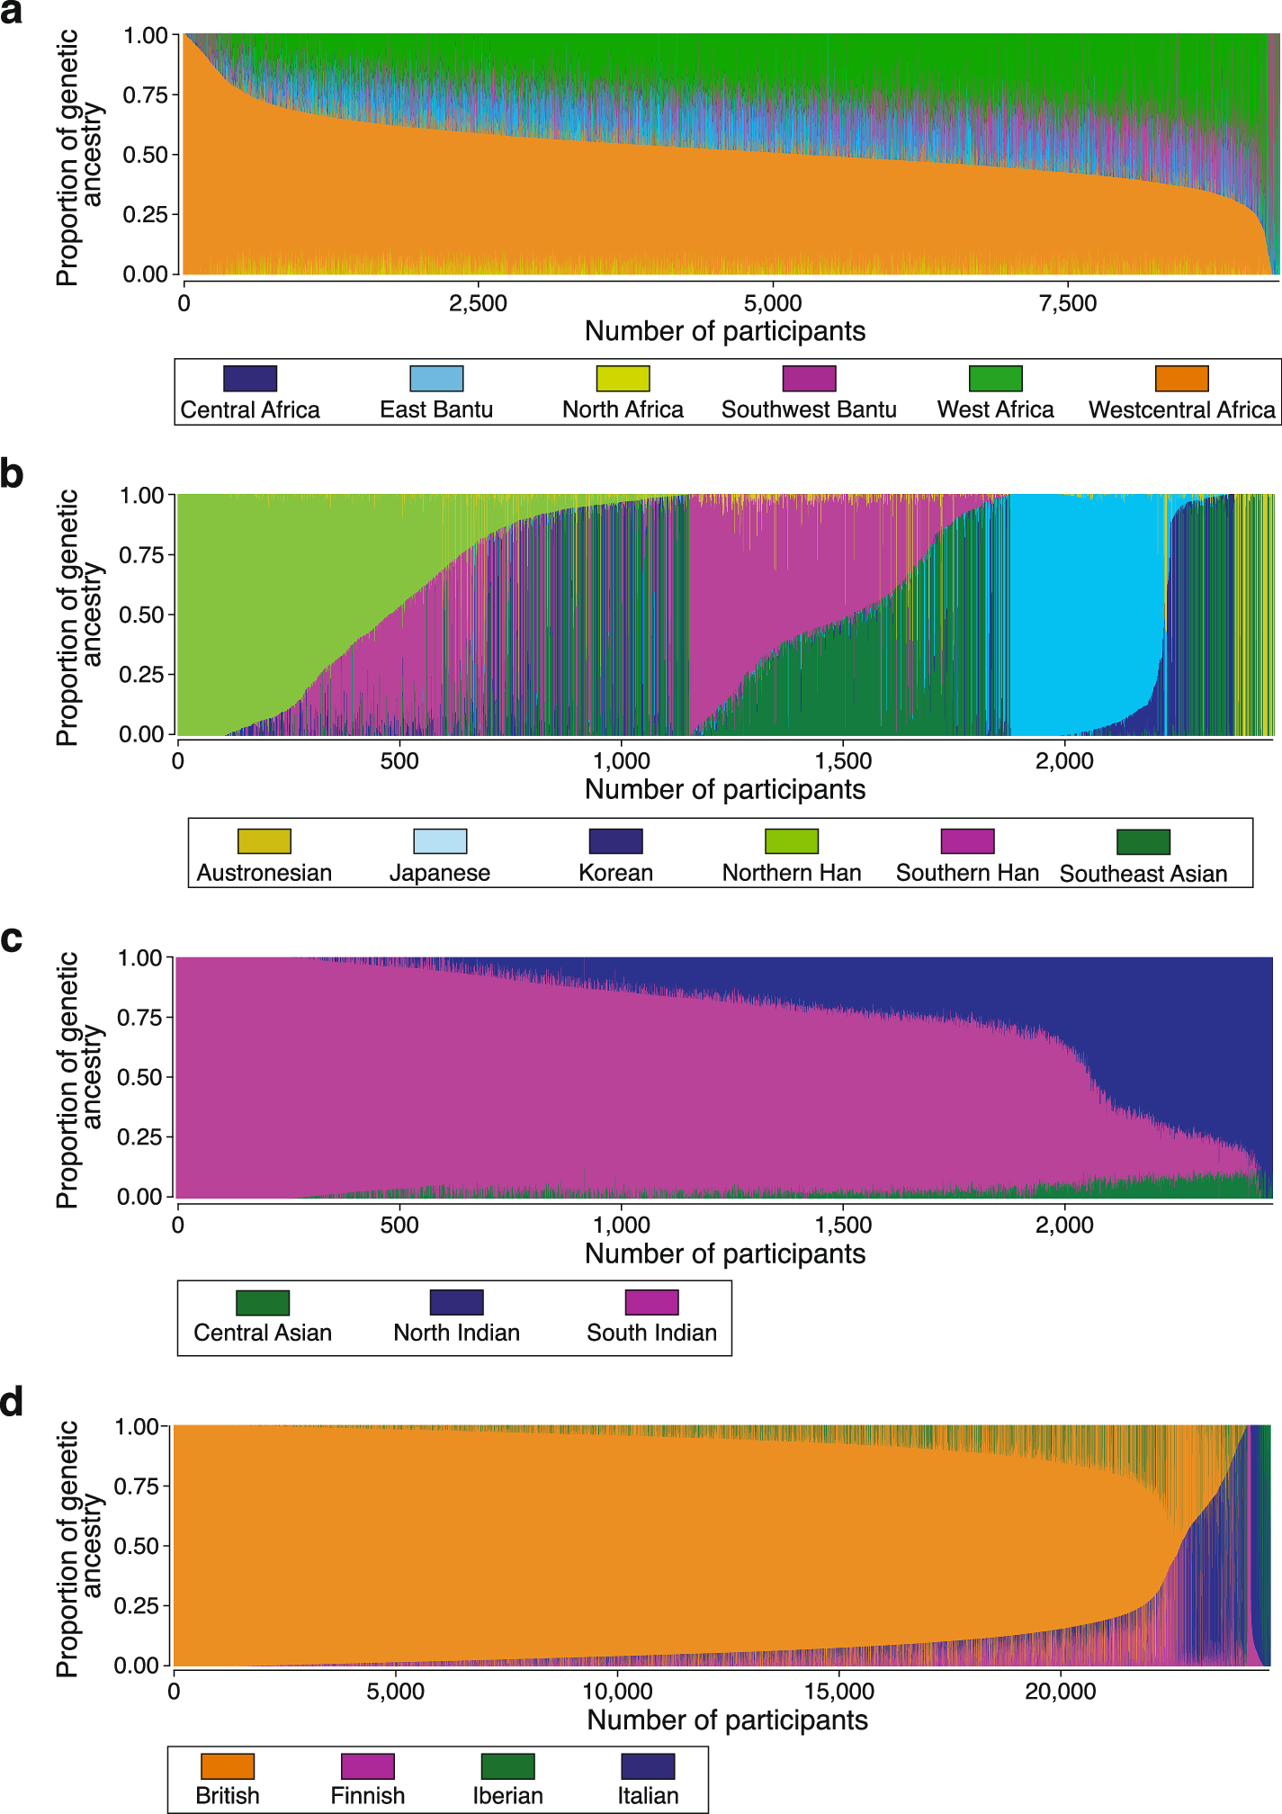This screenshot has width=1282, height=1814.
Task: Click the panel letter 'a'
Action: [12, 13]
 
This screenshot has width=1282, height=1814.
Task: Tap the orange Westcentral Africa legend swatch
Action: [1181, 378]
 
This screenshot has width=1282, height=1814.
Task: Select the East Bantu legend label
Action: [436, 410]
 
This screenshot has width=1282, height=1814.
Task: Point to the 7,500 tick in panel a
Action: [1068, 303]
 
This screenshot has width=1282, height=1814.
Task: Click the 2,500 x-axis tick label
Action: [478, 303]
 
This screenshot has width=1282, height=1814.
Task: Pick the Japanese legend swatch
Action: [440, 841]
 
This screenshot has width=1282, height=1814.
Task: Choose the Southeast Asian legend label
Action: [1143, 874]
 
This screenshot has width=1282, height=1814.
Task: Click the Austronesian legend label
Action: [264, 873]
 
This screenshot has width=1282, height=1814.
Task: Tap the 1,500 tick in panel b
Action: [843, 761]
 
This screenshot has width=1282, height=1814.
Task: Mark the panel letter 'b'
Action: [12, 474]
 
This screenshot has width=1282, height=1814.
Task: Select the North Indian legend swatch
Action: [456, 1302]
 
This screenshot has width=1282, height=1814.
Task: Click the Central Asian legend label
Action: [263, 1333]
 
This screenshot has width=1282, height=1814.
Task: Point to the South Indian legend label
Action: [651, 1333]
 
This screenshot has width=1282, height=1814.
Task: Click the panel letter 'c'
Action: [12, 939]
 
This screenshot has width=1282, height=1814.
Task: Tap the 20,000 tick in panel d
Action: [1061, 1692]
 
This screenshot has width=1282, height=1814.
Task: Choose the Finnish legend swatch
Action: [368, 1765]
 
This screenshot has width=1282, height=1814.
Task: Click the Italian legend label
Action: [648, 1796]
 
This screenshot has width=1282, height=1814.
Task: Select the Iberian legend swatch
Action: [507, 1765]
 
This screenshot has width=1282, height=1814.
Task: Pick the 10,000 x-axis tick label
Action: [617, 1692]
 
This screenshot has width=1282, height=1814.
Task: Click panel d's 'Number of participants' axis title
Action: [727, 1720]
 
